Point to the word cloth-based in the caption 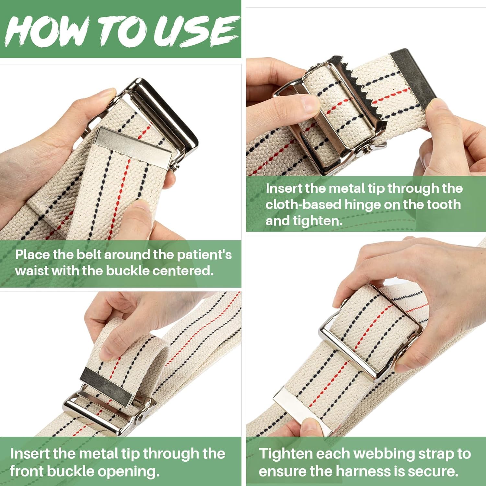tap(303, 205)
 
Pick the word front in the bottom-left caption tap(27, 471)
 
